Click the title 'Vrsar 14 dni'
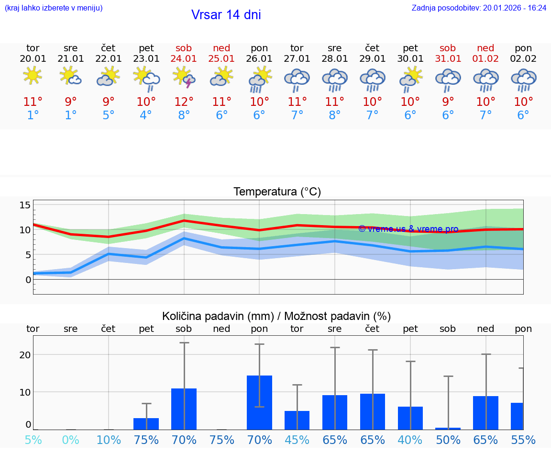click(x=226, y=15)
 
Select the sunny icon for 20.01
click(x=33, y=76)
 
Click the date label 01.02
click(x=486, y=59)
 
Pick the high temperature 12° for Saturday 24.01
click(x=184, y=102)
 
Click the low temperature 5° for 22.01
click(x=109, y=115)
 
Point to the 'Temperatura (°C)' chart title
click(x=277, y=192)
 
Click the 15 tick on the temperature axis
click(x=25, y=205)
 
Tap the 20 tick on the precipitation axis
click(x=25, y=355)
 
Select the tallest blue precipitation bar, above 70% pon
click(x=259, y=402)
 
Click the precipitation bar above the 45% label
click(x=297, y=420)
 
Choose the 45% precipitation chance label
click(x=297, y=440)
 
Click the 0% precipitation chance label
click(x=71, y=440)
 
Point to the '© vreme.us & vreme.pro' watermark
click(x=408, y=229)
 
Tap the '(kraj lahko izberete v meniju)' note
click(x=54, y=8)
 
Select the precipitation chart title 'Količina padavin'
click(x=276, y=316)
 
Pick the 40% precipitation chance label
click(x=410, y=440)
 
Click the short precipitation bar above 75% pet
click(x=146, y=423)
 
